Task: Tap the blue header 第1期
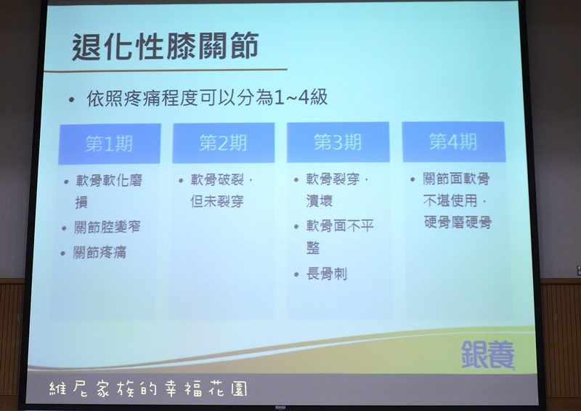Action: (x=110, y=144)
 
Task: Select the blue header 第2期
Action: (x=223, y=142)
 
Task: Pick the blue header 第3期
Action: (x=338, y=142)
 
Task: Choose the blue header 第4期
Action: (x=453, y=141)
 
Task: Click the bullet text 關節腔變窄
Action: (x=107, y=227)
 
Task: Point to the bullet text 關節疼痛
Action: (x=99, y=253)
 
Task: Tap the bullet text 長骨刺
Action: (x=326, y=274)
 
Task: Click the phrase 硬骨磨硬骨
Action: (x=458, y=222)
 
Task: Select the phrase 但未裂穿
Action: (x=217, y=201)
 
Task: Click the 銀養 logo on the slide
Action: (x=487, y=354)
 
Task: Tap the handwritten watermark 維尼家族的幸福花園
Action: (x=148, y=388)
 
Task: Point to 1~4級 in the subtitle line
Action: (x=301, y=97)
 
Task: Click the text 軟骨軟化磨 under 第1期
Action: (x=110, y=181)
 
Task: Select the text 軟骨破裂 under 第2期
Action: (x=217, y=180)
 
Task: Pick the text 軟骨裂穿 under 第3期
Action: (x=333, y=179)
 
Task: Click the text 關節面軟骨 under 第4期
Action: (x=457, y=179)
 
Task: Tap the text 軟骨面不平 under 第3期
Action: (x=340, y=225)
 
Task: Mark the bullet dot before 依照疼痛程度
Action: (x=71, y=99)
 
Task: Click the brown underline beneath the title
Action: (x=166, y=70)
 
